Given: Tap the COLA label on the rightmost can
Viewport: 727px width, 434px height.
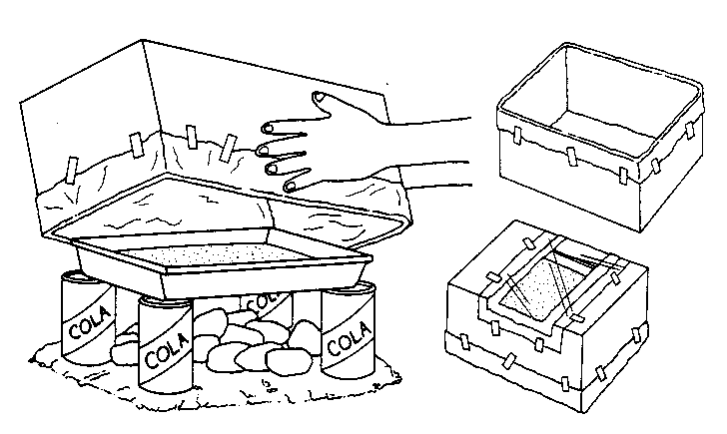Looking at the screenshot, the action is coord(349,338).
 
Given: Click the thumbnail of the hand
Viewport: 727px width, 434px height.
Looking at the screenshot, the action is coord(319,97).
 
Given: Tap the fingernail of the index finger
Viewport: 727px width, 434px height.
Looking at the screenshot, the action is coord(268,128).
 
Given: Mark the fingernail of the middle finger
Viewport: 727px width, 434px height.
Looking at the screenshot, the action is coord(263,150).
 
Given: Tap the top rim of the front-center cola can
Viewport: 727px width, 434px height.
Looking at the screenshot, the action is coord(166,301).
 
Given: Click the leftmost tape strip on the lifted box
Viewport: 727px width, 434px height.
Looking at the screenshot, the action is coord(72,170).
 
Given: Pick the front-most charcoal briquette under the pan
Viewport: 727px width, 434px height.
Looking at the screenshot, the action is coord(289,361).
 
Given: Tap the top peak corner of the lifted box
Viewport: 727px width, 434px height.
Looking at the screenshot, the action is coord(143,40).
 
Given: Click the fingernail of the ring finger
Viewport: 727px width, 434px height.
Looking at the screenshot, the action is coord(272,169).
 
